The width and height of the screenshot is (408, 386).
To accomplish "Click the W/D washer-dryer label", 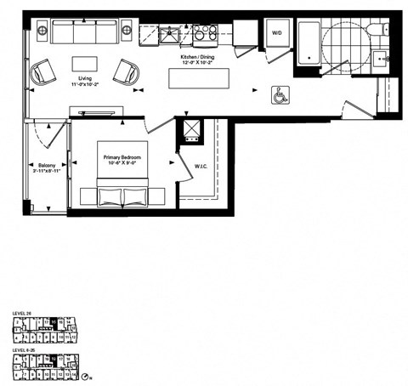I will coord(276,32).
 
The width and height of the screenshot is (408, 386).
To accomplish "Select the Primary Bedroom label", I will coord(121,158).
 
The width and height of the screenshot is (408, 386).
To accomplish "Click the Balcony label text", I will coord(46,165).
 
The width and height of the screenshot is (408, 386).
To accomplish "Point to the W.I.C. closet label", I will coord(202,167).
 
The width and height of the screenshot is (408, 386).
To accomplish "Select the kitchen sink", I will coord(167,35).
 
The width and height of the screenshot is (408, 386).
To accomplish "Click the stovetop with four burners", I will coord(205,34).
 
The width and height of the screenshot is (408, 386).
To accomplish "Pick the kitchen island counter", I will coord(201,77).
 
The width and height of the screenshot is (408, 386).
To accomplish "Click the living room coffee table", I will coord(85,65).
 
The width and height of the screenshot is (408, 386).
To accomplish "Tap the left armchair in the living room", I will coord(43,73).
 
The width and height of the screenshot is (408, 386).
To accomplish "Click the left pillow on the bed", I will coord(110,197).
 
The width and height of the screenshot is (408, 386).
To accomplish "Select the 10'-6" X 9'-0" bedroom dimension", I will coord(121,165).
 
